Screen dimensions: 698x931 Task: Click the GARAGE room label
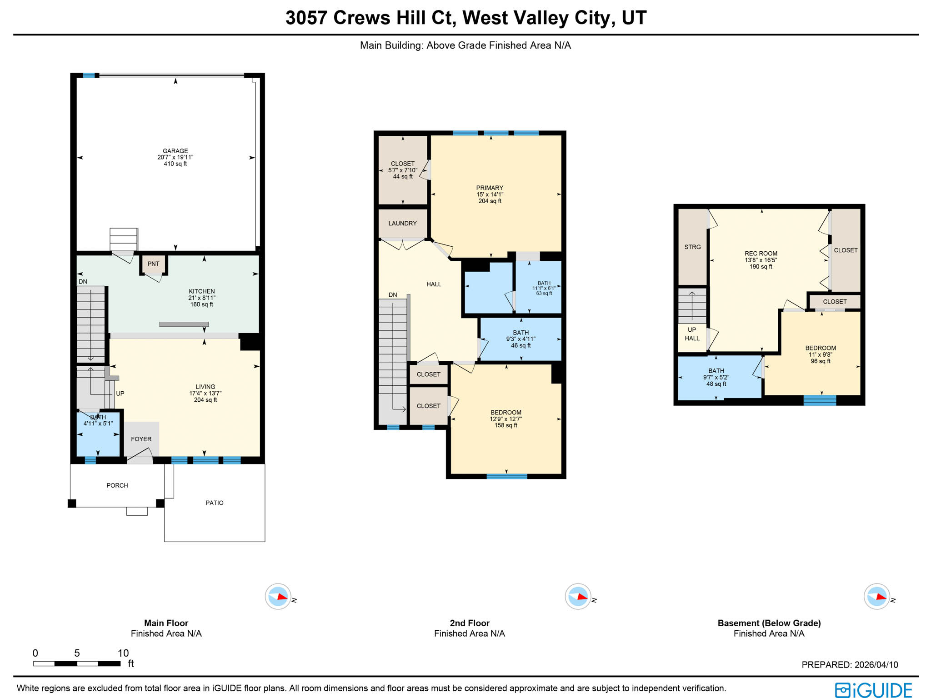point(175,151)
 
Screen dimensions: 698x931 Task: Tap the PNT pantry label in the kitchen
point(153,264)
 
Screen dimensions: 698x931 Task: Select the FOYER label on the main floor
point(141,439)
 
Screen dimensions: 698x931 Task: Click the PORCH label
point(117,485)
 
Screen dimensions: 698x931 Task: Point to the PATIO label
point(214,503)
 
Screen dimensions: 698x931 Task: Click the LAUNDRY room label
point(402,223)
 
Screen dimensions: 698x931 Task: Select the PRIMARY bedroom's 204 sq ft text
point(490,201)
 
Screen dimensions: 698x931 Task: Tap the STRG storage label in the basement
point(692,247)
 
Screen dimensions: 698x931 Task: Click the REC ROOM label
point(761,254)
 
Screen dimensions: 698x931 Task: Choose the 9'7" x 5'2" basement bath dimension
point(716,377)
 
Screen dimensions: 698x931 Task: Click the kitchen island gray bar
point(184,324)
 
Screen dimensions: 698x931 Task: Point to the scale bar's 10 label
point(123,653)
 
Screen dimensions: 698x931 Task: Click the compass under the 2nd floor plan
point(578,596)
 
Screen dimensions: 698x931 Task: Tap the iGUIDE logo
point(873,690)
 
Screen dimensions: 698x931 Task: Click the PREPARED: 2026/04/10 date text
point(849,664)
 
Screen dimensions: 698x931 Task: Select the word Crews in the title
point(361,18)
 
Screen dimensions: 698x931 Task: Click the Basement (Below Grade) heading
point(769,623)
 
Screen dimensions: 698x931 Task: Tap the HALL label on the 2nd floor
point(434,284)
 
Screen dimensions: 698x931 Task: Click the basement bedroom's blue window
point(820,400)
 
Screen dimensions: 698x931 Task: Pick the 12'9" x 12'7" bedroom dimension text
point(506,419)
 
